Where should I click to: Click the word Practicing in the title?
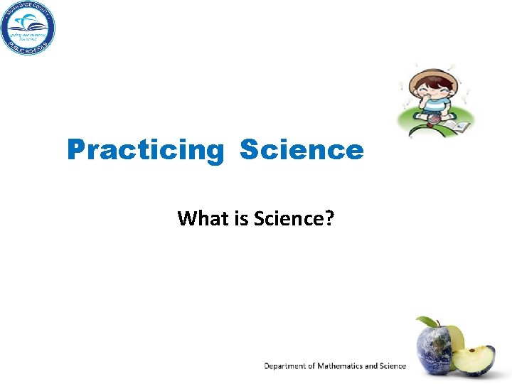point(145,151)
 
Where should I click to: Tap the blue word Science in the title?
point(302,150)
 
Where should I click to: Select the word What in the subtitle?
point(200,218)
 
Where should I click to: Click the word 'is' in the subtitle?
point(234,218)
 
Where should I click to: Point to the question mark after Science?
point(329,218)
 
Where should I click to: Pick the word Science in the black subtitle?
point(284,218)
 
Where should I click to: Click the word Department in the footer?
point(286,366)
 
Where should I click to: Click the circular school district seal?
point(28,28)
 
